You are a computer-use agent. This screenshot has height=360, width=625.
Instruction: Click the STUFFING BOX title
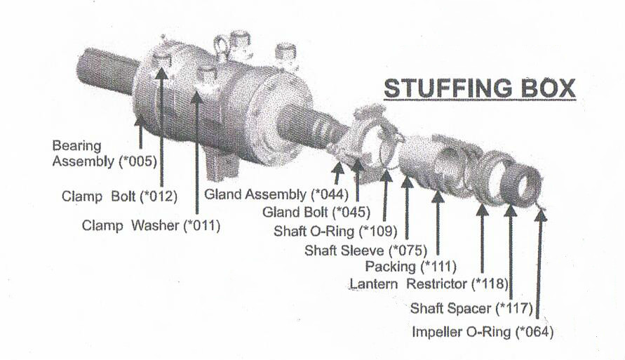click(480, 88)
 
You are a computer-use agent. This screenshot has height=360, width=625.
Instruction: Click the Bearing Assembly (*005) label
click(105, 154)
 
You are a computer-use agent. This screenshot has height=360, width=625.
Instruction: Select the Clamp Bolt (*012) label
click(119, 196)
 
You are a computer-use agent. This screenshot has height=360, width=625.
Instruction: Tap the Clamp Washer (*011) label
click(151, 226)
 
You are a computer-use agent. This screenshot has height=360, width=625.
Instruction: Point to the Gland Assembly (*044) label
click(276, 194)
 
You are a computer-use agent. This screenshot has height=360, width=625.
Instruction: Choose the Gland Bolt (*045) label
click(316, 212)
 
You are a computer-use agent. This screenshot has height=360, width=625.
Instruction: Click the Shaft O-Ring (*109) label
click(335, 231)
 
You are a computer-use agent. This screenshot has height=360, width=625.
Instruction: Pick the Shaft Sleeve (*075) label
click(365, 251)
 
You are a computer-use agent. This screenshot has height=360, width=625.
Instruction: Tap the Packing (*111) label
click(410, 266)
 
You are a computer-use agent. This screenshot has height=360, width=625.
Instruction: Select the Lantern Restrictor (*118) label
click(429, 284)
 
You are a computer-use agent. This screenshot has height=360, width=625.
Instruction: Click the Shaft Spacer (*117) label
click(471, 308)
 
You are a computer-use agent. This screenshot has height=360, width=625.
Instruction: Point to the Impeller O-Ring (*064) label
click(483, 332)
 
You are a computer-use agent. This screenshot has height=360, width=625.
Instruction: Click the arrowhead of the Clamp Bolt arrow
click(161, 73)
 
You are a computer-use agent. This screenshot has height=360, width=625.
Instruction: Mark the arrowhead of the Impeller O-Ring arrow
click(541, 215)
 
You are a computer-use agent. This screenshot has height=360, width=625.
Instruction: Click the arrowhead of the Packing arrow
click(438, 197)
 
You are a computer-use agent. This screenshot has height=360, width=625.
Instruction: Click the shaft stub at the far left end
click(106, 72)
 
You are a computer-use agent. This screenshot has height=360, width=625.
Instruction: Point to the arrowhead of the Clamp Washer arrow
click(197, 97)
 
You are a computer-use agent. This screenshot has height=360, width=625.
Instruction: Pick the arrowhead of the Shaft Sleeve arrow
click(407, 182)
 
